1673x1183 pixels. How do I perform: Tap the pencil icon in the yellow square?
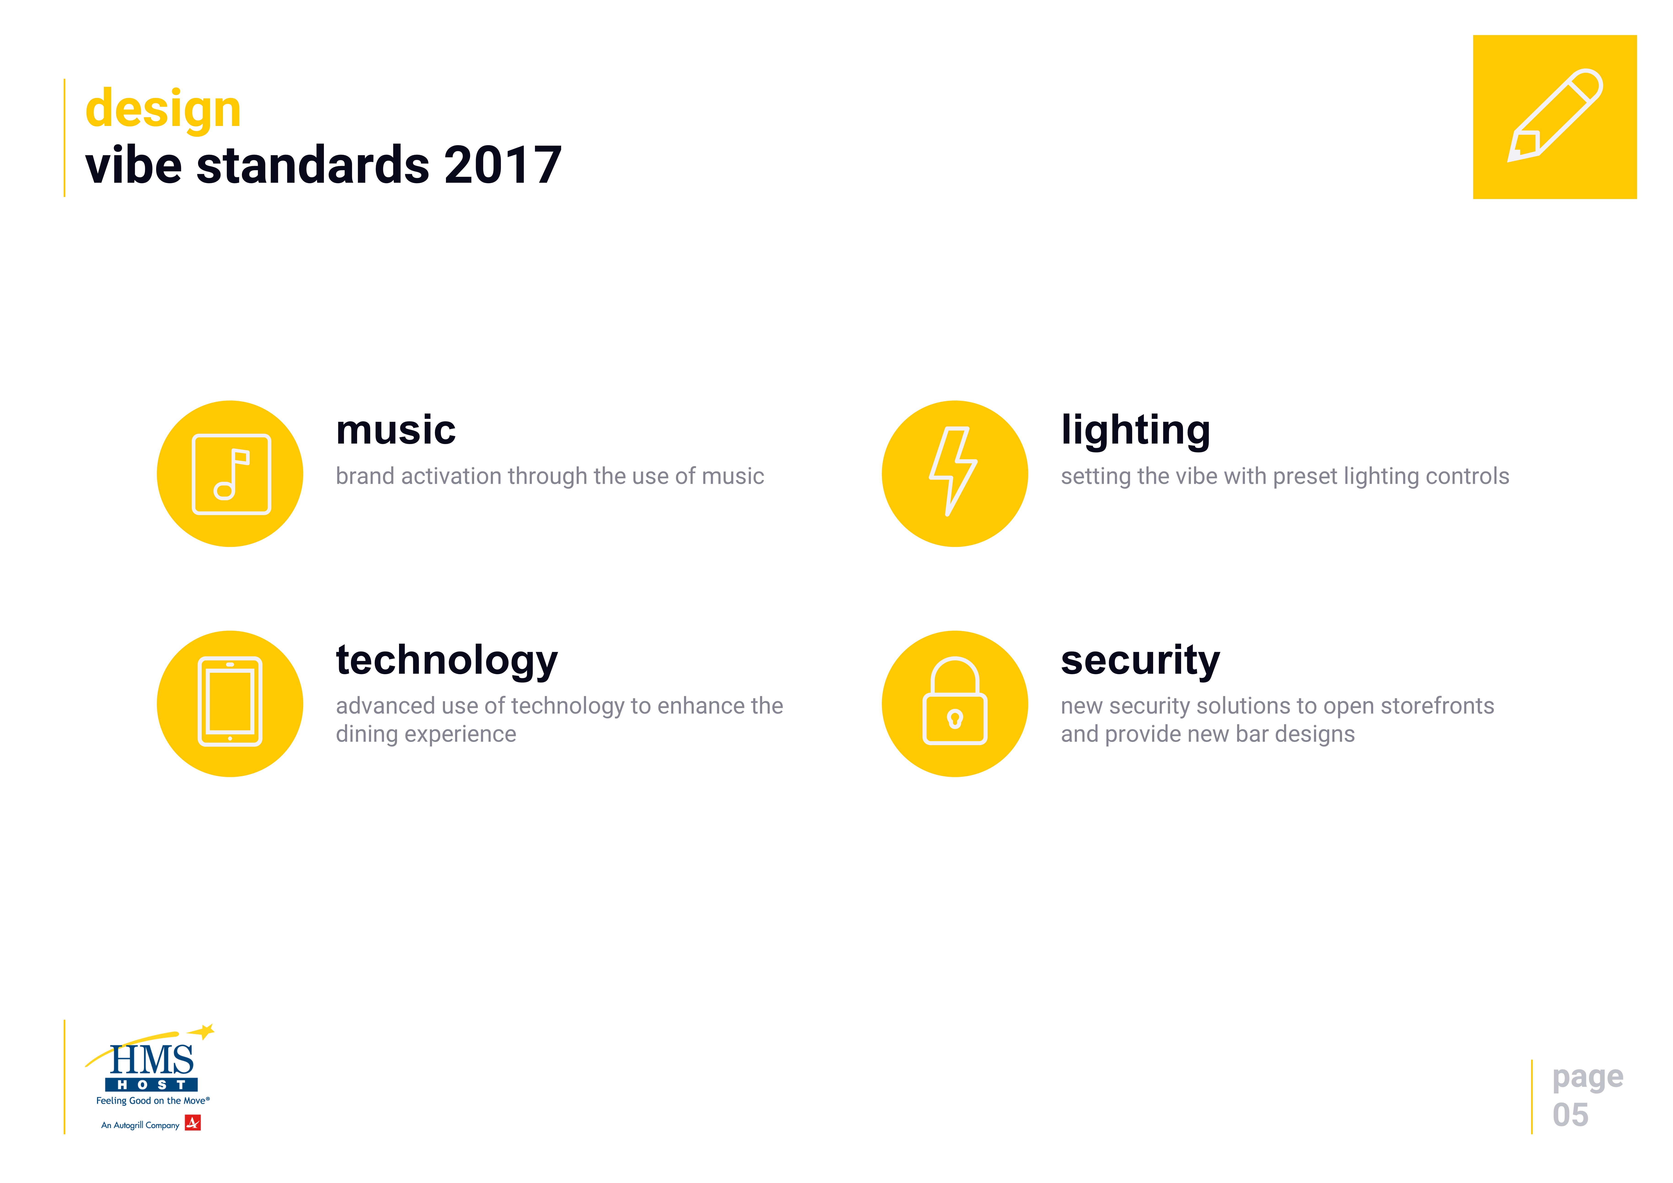(1554, 116)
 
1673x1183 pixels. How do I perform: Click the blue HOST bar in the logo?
(152, 1085)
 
